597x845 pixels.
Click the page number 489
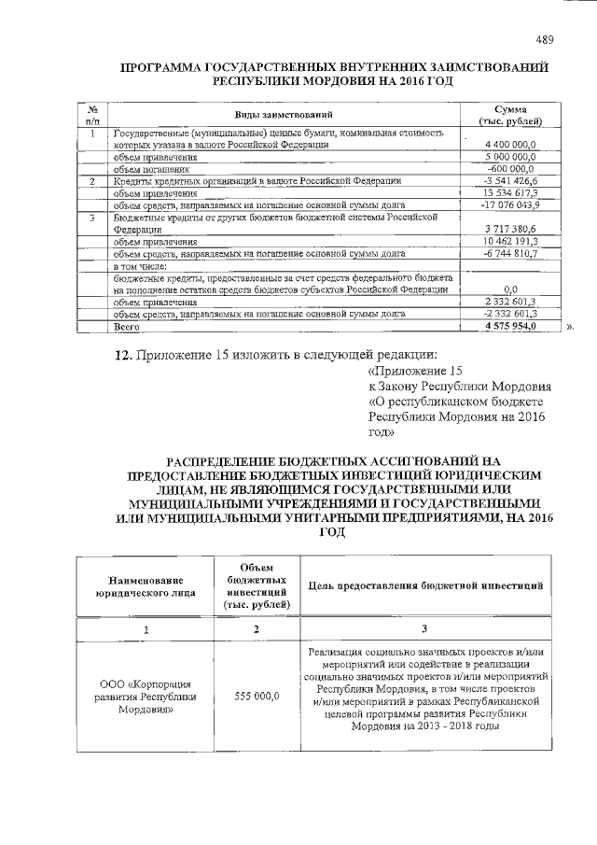[544, 38]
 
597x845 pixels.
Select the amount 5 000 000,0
[511, 158]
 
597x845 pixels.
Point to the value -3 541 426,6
[511, 180]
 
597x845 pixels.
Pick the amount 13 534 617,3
[511, 192]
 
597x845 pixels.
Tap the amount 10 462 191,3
[511, 241]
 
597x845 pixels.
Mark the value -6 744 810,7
[511, 253]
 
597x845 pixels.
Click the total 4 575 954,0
[511, 327]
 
